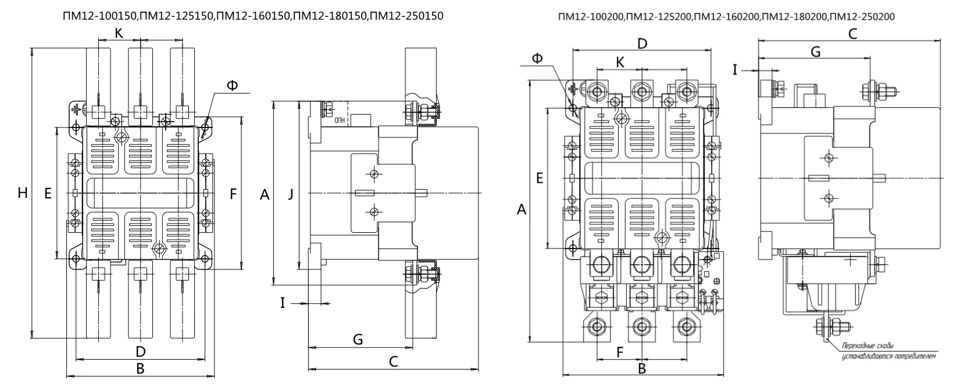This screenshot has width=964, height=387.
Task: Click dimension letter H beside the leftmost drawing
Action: click(x=23, y=193)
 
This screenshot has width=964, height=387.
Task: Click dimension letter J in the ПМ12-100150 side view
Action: click(x=291, y=195)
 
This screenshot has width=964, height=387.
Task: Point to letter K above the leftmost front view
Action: click(x=119, y=34)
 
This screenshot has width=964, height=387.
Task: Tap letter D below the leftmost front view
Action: click(x=140, y=352)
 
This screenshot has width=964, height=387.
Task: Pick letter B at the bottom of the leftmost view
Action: click(x=140, y=368)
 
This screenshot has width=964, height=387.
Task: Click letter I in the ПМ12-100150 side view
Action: click(x=283, y=303)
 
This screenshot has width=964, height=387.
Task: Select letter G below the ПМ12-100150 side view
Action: click(x=358, y=339)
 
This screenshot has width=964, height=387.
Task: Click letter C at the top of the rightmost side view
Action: click(x=852, y=34)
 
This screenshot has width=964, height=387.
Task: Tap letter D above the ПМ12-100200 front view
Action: click(x=642, y=44)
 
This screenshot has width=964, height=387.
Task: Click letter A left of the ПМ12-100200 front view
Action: click(x=522, y=210)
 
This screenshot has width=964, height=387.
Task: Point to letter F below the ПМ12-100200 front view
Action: click(x=620, y=352)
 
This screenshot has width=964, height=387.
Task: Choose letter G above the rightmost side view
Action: click(x=815, y=52)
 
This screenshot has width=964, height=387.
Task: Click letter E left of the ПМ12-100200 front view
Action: click(x=540, y=178)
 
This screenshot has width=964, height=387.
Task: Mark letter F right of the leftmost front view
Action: click(x=233, y=194)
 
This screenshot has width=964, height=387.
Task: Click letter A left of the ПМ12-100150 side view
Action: click(x=265, y=195)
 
